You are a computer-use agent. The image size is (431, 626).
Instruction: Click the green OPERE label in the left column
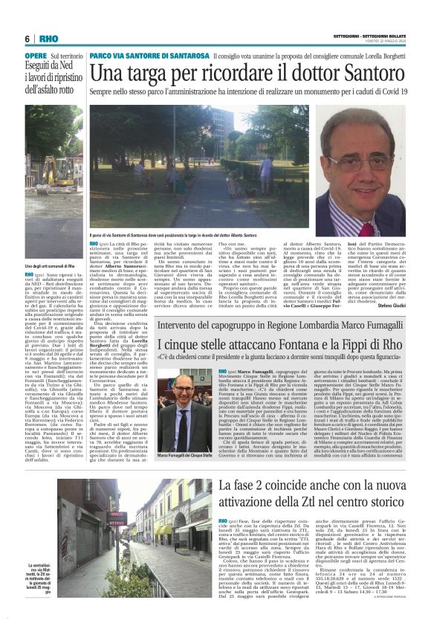coord(35,57)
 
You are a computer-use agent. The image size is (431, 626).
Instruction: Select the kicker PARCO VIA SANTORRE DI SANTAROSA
coord(149,57)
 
